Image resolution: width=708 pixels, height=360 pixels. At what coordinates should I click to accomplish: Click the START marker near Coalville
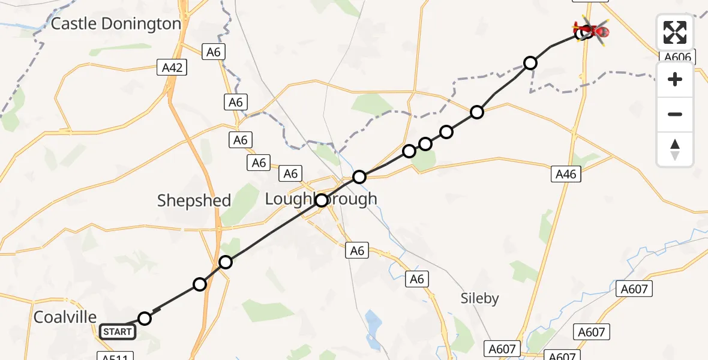point(117,331)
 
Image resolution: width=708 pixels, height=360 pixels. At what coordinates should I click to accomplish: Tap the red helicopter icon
point(590,29)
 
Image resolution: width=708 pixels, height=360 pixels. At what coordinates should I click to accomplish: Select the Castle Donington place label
point(116,24)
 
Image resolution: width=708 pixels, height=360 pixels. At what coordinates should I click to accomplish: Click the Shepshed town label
point(194,200)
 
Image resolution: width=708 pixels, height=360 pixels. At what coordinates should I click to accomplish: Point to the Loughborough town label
point(322,199)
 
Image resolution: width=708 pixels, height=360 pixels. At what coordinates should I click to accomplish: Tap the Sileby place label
point(479,298)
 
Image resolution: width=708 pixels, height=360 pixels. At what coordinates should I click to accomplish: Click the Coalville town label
point(65,317)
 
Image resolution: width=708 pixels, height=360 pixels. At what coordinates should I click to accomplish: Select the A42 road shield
point(172,68)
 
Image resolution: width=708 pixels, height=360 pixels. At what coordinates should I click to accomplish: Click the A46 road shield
point(566,174)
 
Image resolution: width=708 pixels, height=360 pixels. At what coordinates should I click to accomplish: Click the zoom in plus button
point(675,79)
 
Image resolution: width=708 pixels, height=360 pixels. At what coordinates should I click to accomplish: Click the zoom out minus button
point(675,114)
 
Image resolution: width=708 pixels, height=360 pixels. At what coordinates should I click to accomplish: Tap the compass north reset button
point(675,149)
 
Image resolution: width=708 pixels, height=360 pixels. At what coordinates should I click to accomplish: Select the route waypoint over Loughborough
point(322,200)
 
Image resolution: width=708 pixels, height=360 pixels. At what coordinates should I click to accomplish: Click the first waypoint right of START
point(145,318)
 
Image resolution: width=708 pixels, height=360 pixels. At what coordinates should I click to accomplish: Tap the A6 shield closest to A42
point(213,52)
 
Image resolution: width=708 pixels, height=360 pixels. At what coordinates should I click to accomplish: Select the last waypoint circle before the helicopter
point(530,62)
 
